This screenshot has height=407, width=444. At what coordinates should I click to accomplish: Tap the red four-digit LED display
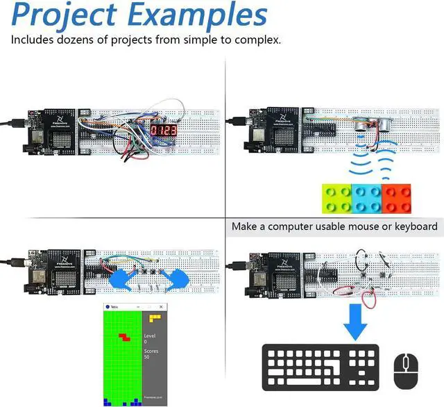coord(166,131)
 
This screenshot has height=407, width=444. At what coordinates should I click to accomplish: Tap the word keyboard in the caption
coord(414,226)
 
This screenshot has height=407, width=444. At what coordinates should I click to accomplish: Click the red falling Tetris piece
coord(124,337)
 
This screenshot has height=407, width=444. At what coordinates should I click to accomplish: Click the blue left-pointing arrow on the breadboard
coord(121,277)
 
